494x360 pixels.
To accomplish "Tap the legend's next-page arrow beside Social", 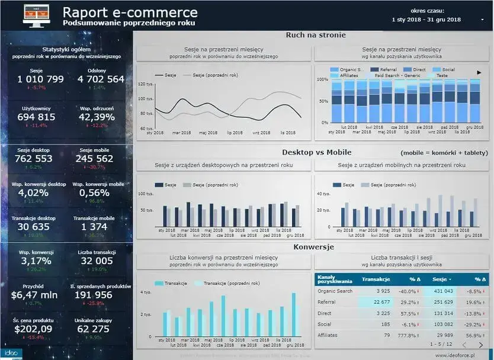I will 479,72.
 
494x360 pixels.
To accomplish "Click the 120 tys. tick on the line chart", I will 145,84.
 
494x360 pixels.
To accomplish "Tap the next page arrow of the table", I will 481,345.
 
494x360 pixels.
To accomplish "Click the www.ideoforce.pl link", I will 457,355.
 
